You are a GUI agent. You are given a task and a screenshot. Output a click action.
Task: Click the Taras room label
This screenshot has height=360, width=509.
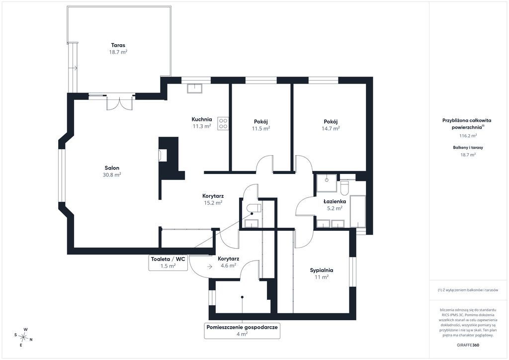(118, 45)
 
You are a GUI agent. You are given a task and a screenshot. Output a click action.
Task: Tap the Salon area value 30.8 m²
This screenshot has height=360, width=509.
(112, 175)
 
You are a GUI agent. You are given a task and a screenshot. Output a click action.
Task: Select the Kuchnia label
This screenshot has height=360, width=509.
(202, 119)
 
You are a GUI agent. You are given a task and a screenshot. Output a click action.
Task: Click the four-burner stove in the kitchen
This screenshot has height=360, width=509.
(223, 123)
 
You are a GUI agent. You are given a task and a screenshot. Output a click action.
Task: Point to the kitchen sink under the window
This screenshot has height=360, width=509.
(194, 89)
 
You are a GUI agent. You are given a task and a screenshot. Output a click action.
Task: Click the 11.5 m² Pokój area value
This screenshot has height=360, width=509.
(261, 128)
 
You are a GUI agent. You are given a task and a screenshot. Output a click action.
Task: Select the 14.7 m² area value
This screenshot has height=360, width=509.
(331, 128)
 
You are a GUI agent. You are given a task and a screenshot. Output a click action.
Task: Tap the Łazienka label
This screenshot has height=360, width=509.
(335, 201)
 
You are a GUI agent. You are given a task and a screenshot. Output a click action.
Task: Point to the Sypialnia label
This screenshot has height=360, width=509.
(322, 270)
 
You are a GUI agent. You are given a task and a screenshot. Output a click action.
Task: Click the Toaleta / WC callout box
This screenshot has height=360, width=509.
(168, 262)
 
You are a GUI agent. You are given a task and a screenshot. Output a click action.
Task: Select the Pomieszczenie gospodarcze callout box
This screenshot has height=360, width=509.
(242, 331)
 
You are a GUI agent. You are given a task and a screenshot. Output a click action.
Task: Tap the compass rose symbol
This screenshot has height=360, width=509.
(23, 337)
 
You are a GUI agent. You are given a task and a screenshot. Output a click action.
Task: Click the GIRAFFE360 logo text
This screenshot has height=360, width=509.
(467, 345)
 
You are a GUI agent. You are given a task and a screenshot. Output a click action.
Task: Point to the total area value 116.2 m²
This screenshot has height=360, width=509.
(468, 136)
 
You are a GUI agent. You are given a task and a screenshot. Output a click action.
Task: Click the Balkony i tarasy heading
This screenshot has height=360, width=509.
(468, 147)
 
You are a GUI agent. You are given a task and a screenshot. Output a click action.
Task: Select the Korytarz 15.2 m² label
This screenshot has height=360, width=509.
(213, 199)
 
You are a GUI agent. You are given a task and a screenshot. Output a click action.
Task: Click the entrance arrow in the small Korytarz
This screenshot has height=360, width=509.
(210, 267)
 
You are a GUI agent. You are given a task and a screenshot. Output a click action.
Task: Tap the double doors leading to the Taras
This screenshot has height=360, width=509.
(120, 103)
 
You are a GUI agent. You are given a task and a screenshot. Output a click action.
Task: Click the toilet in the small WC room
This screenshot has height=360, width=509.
(254, 208)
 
